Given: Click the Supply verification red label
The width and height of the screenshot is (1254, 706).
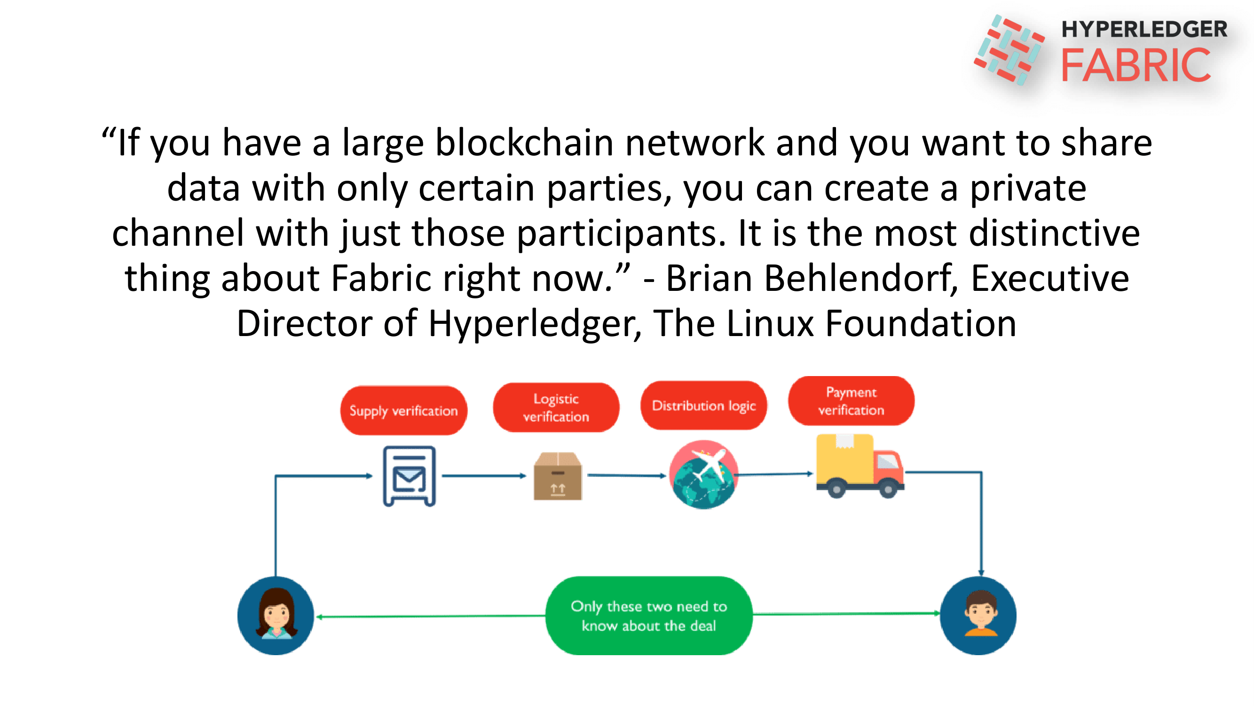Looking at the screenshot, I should pyautogui.click(x=403, y=410).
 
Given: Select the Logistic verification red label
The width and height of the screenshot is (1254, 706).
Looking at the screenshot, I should pyautogui.click(x=555, y=407).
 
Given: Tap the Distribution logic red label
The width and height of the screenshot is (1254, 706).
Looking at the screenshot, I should pyautogui.click(x=703, y=405).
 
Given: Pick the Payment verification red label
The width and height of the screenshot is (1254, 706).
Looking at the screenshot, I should pyautogui.click(x=851, y=401).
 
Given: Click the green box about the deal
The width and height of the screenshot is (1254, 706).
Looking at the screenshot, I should pyautogui.click(x=648, y=615).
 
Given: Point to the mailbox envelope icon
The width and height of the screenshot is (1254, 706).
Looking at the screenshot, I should pyautogui.click(x=409, y=476).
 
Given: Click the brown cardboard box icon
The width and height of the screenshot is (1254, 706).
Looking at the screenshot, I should pyautogui.click(x=557, y=476).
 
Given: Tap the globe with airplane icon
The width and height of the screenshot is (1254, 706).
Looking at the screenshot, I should pyautogui.click(x=702, y=474).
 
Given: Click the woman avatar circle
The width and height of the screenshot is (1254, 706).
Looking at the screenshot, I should pyautogui.click(x=276, y=615).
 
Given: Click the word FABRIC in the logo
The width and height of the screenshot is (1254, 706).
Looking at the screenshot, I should pyautogui.click(x=1135, y=65).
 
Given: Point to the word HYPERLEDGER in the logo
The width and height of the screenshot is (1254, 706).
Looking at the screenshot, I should pyautogui.click(x=1144, y=29).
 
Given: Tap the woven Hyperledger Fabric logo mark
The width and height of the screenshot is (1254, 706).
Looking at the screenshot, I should pyautogui.click(x=1009, y=49).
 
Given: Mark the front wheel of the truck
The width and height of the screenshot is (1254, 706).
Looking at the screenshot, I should pyautogui.click(x=888, y=489).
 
